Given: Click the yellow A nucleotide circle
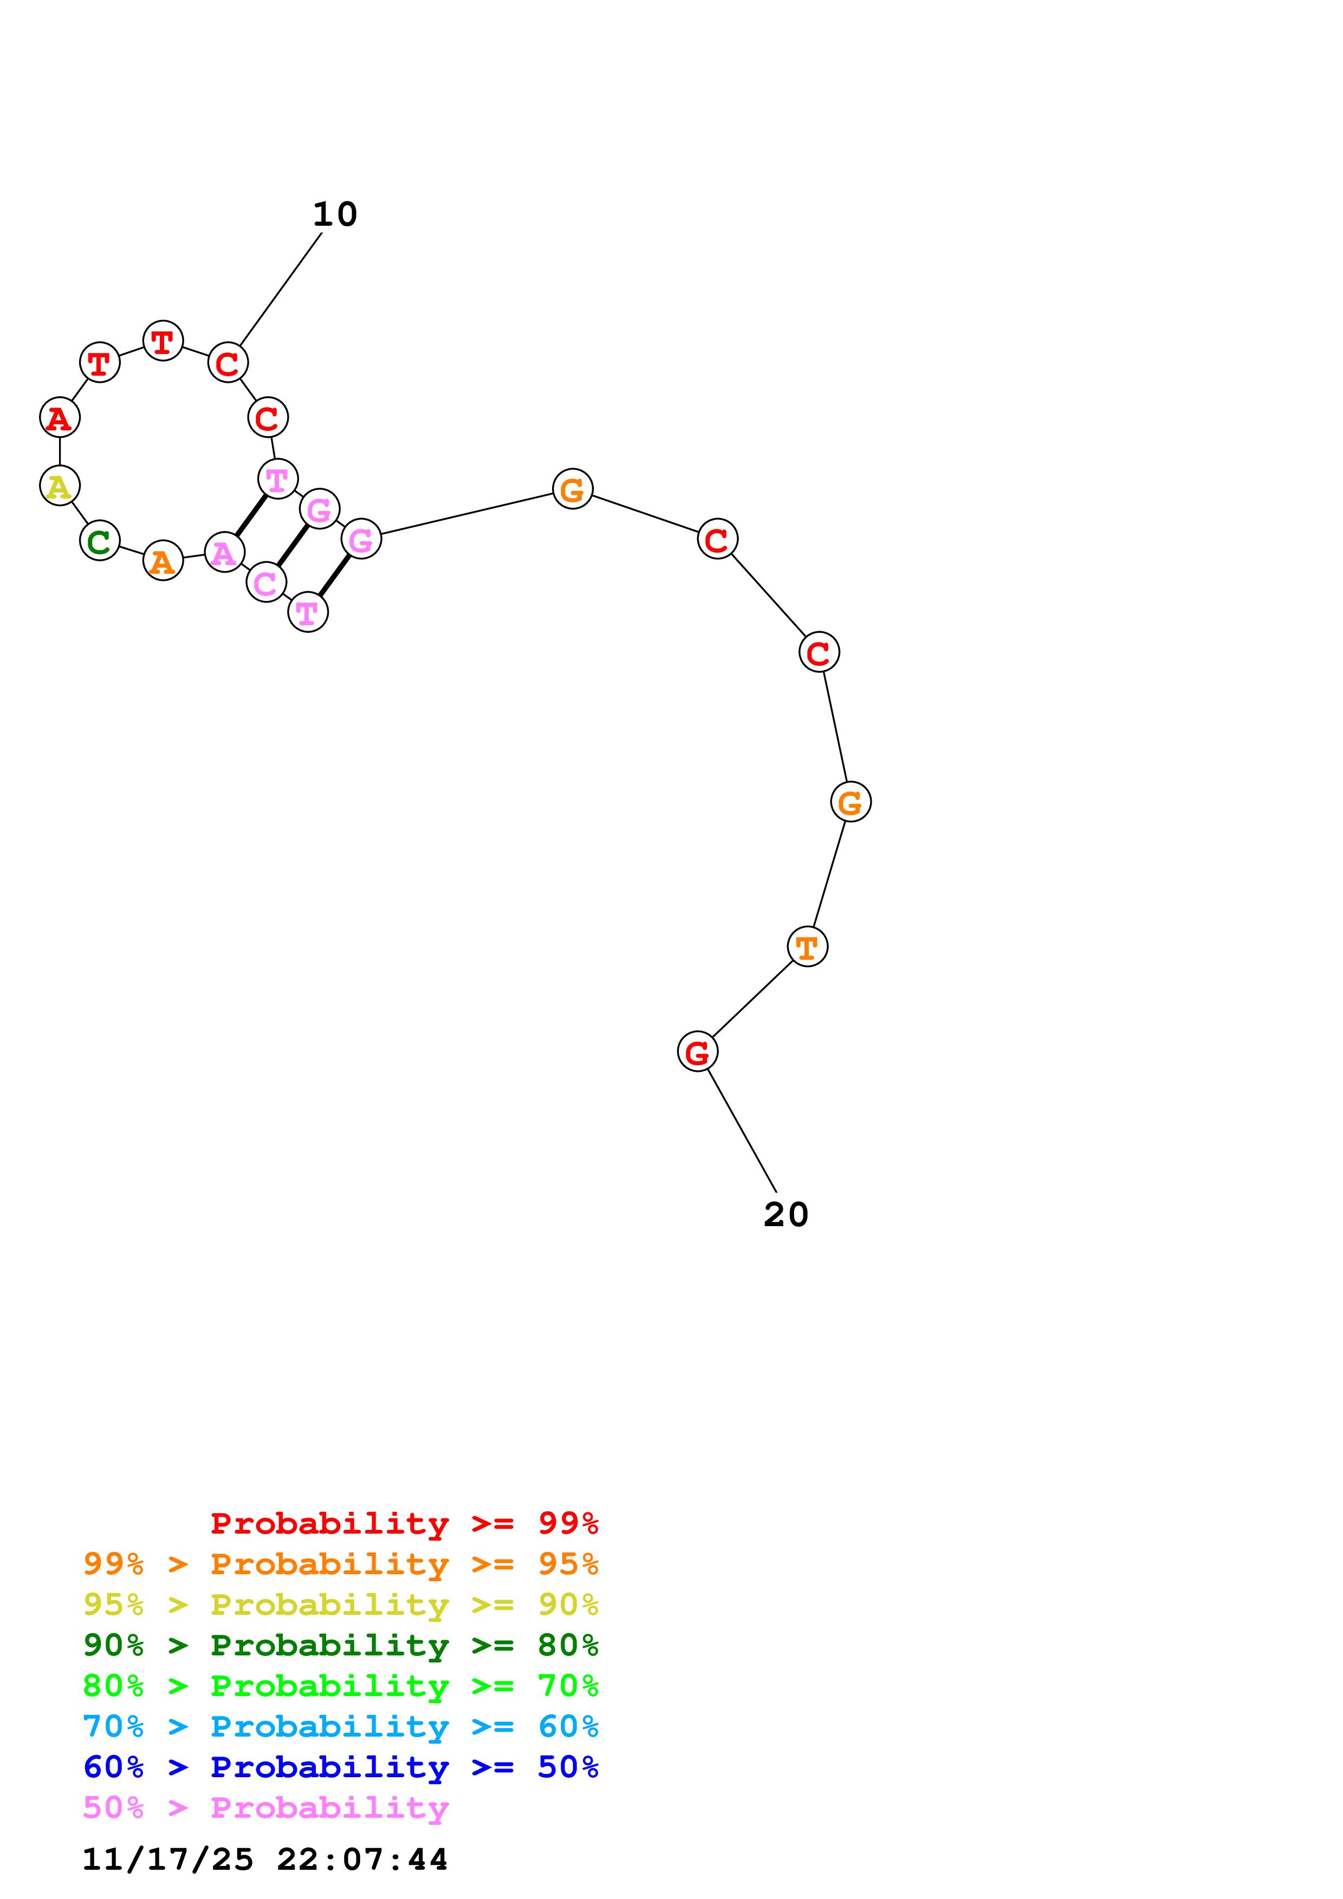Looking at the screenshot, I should click(x=60, y=486).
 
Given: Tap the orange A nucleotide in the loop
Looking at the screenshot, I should click(x=163, y=561).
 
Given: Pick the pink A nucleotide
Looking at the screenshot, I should click(x=224, y=553).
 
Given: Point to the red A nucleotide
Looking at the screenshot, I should click(x=60, y=418).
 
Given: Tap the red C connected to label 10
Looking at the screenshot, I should click(x=228, y=362).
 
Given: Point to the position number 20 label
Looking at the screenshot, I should click(x=786, y=1214).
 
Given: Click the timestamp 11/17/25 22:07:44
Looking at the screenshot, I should click(x=265, y=1859).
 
